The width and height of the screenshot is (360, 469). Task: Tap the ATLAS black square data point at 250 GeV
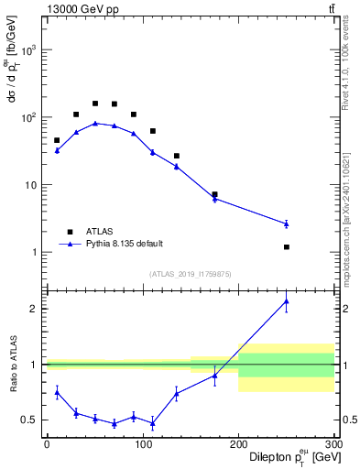click(x=287, y=247)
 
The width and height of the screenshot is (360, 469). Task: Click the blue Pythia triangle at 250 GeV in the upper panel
click(x=287, y=224)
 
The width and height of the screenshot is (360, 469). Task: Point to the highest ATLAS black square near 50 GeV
click(x=95, y=104)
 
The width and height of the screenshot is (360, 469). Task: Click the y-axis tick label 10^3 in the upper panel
click(x=31, y=50)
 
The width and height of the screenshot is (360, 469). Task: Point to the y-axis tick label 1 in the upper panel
click(x=37, y=252)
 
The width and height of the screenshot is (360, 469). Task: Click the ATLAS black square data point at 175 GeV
click(x=214, y=194)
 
